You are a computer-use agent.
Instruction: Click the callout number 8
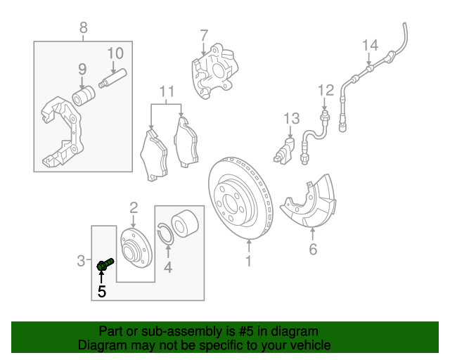pyautogui.click(x=84, y=28)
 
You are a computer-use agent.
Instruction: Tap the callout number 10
pyautogui.click(x=115, y=53)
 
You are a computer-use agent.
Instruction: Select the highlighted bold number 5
pyautogui.click(x=102, y=291)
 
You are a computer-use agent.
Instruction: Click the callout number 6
pyautogui.click(x=313, y=249)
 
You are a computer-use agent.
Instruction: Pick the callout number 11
pyautogui.click(x=166, y=91)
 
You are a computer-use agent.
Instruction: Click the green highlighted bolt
pyautogui.click(x=104, y=265)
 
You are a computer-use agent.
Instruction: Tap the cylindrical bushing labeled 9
pyautogui.click(x=85, y=95)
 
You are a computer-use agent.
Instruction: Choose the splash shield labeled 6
pyautogui.click(x=307, y=205)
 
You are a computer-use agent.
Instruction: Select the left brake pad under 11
pyautogui.click(x=154, y=155)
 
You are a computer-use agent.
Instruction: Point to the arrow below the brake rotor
pyautogui.click(x=248, y=247)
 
